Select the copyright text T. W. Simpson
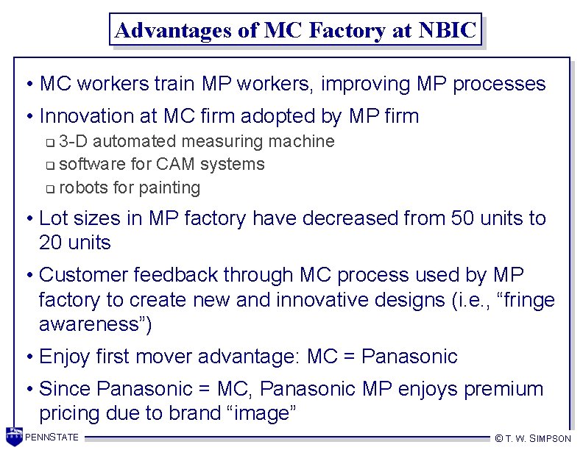coord(534,438)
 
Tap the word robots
coord(83,187)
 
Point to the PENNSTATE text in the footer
coord(52,438)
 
